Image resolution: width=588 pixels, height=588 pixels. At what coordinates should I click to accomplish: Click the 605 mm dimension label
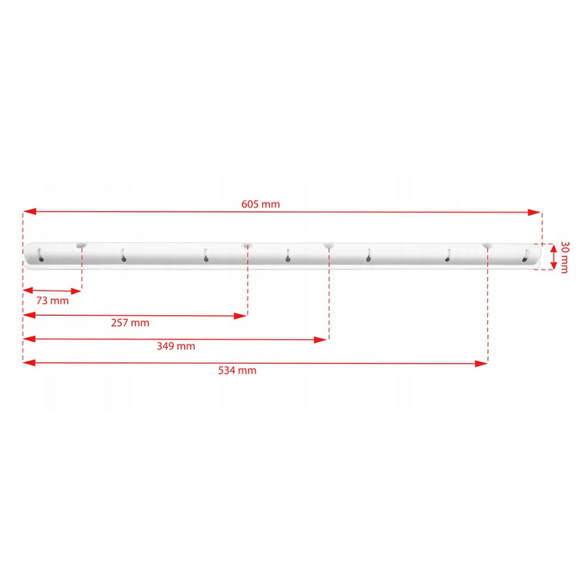coord(260,204)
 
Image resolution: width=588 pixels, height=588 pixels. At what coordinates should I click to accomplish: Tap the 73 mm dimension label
coord(52,301)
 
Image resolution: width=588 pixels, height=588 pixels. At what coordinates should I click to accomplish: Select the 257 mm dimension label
coord(130,323)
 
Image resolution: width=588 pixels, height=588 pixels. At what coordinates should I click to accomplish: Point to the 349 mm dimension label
coord(176,346)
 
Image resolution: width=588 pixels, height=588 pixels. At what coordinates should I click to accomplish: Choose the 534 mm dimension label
coord(238,370)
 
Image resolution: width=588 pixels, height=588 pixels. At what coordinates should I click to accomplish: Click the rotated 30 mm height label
coord(564,257)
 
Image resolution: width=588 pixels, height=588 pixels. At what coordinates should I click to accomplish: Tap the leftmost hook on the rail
coord(40,255)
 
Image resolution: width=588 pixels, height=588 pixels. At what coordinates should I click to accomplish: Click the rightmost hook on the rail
coord(525,255)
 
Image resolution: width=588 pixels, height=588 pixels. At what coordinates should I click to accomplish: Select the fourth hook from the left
coord(287,255)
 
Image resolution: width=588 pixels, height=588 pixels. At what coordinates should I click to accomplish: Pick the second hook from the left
coord(123,255)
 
